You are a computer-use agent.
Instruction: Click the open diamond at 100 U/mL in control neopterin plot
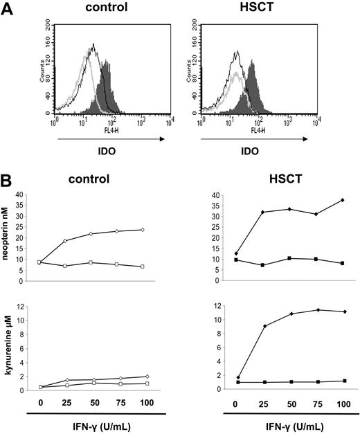(141, 230)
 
